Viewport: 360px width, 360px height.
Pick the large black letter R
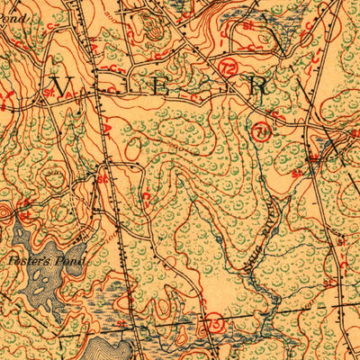point(258,86)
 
